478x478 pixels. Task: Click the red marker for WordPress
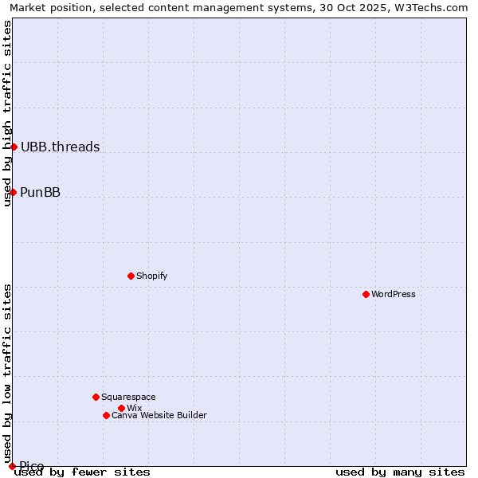point(366,294)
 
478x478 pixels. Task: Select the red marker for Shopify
point(131,276)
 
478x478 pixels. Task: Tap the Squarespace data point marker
point(96,397)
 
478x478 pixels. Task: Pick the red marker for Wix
point(121,408)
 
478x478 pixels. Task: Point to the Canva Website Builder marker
point(106,415)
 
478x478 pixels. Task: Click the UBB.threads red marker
point(14,147)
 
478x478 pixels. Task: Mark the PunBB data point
point(13,192)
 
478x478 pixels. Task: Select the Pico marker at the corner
point(12,466)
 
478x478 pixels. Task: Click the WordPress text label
point(394,294)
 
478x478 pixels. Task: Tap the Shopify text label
point(151,276)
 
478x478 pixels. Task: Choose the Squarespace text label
point(128,397)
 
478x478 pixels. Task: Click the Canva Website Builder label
point(159,415)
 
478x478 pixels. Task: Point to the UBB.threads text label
point(60,147)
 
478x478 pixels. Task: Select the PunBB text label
point(40,192)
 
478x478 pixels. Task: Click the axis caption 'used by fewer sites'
point(83,472)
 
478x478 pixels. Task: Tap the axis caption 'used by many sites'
point(400,472)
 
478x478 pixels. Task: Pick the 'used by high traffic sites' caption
point(7,113)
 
